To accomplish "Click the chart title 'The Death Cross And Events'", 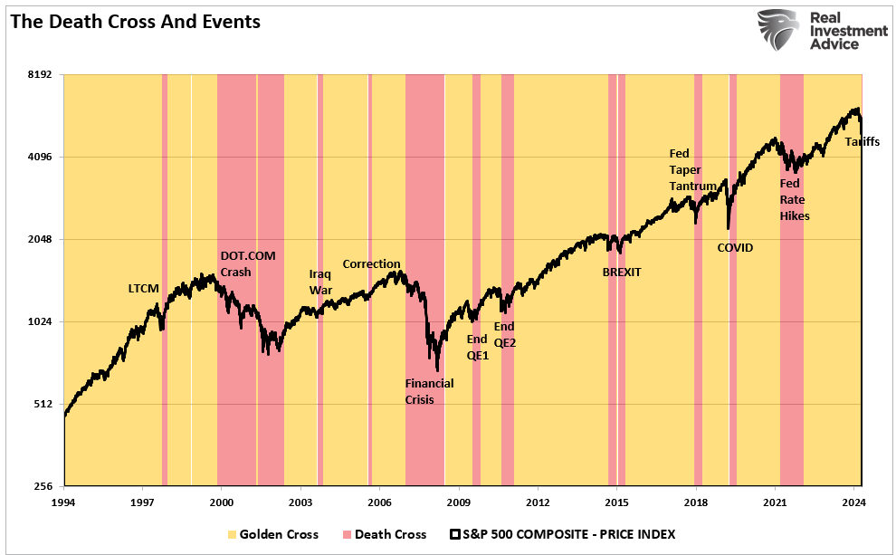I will tap(136, 22).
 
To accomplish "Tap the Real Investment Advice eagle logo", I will tap(780, 31).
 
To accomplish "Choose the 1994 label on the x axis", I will tap(63, 501).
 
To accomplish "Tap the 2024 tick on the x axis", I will tap(854, 501).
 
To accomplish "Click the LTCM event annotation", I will tap(143, 289).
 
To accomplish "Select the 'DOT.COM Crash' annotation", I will tap(246, 263).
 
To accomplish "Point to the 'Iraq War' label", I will tap(321, 282).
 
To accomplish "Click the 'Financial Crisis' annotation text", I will tap(429, 391).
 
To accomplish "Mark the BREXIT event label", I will tap(622, 272).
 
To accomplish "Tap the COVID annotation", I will tap(735, 247).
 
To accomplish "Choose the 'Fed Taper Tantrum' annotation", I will tap(692, 169).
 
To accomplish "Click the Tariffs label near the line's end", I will tap(862, 142).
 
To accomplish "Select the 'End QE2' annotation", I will tap(504, 334).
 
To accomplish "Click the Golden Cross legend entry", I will tap(272, 534).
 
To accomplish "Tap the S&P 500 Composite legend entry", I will tap(562, 534).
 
